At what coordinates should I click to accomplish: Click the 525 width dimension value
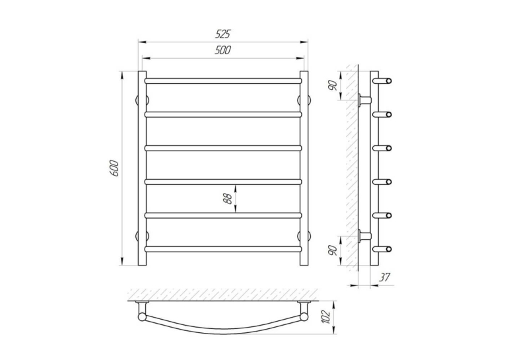click(223, 34)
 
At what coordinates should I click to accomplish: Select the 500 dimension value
click(223, 50)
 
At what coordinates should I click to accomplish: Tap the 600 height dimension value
click(115, 168)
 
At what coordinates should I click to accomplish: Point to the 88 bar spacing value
click(228, 199)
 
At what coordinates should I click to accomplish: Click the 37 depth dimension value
click(384, 277)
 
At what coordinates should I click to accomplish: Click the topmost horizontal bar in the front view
click(223, 81)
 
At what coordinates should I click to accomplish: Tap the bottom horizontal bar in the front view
click(223, 249)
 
